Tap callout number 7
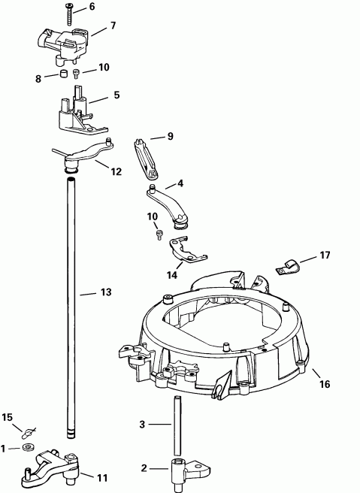(x=113, y=26)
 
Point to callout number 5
(x=116, y=95)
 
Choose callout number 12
(x=116, y=171)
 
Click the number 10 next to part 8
(x=104, y=67)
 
